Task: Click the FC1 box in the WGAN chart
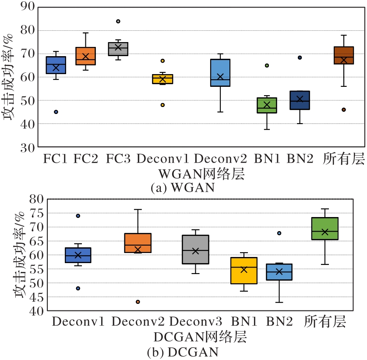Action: (56, 65)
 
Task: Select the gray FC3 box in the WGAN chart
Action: (118, 49)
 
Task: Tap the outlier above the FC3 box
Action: (118, 21)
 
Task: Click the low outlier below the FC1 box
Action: (56, 112)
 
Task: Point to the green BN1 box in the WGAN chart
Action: (267, 105)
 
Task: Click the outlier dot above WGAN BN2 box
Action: (300, 57)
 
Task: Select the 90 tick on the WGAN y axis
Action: (27, 7)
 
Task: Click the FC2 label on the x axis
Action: (86, 159)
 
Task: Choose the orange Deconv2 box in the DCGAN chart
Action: (138, 243)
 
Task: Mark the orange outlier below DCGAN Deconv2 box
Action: (138, 302)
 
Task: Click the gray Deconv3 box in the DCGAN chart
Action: (196, 250)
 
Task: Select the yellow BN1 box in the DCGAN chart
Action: (244, 271)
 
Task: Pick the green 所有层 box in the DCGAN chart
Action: (325, 228)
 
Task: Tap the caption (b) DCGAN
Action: (183, 352)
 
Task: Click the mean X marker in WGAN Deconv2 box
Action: (220, 77)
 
